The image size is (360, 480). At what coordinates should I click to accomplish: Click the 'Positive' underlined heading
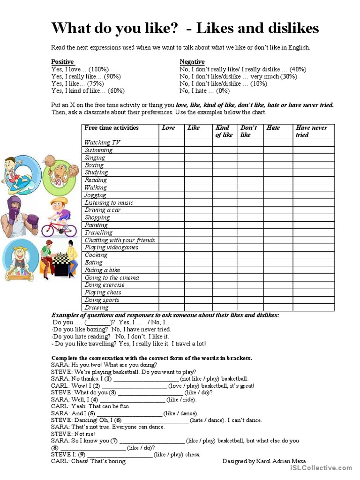(x=62, y=62)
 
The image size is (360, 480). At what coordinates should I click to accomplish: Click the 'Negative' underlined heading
(x=192, y=62)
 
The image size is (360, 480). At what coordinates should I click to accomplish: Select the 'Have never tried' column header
(x=311, y=131)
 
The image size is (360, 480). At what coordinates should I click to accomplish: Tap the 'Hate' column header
(x=273, y=128)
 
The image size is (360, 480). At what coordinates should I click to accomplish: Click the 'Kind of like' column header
(x=224, y=131)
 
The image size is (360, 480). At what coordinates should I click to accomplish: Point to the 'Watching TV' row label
(x=102, y=142)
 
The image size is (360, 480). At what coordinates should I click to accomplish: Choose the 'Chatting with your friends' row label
(x=120, y=240)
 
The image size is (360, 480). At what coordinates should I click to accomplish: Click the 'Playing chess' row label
(x=103, y=292)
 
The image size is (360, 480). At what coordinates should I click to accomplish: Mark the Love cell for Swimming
(x=171, y=150)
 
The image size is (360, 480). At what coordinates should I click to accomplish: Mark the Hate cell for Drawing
(x=278, y=307)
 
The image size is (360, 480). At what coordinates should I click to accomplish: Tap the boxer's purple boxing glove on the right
(x=32, y=220)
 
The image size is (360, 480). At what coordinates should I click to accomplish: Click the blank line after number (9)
(x=120, y=454)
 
